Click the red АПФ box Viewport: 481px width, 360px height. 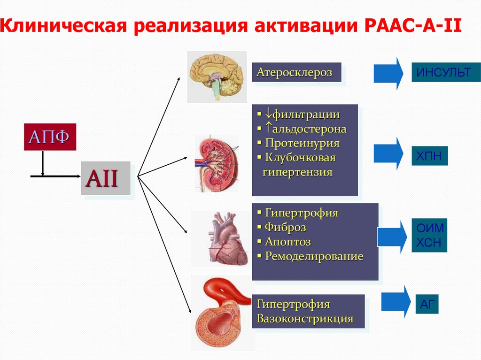click(x=50, y=137)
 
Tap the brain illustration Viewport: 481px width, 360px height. click(x=217, y=76)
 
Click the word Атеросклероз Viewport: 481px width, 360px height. click(x=294, y=72)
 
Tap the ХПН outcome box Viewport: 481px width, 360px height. click(x=429, y=156)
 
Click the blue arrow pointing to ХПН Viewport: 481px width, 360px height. click(x=388, y=153)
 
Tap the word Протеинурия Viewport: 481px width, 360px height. click(x=302, y=143)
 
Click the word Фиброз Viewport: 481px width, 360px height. click(x=285, y=228)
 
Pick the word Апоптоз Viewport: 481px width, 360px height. click(x=287, y=242)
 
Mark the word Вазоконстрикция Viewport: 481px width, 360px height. click(x=305, y=319)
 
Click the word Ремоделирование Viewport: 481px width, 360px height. click(x=314, y=257)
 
